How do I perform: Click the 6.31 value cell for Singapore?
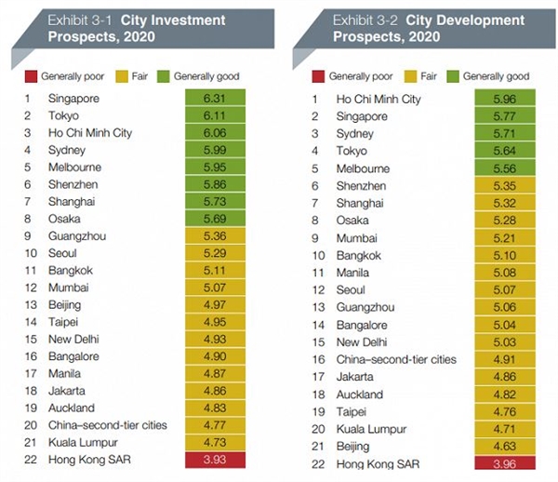point(213,99)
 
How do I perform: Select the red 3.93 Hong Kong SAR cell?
point(213,459)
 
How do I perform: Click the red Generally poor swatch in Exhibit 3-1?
point(31,75)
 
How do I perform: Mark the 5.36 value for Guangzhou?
point(213,235)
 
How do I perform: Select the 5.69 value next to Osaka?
point(213,219)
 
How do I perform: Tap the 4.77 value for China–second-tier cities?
point(213,424)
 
